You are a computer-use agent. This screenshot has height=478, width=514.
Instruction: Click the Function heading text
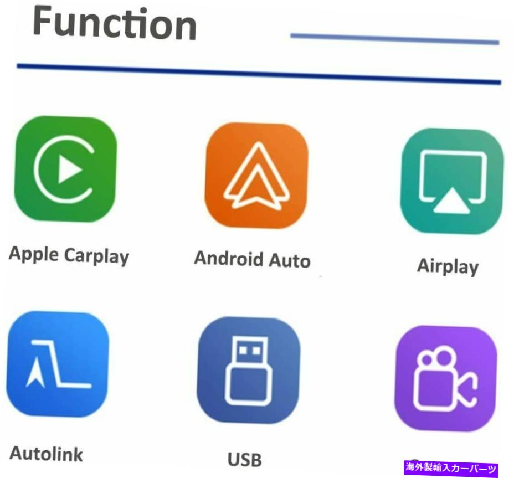tap(115, 23)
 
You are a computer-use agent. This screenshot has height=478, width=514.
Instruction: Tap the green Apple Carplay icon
tap(65, 169)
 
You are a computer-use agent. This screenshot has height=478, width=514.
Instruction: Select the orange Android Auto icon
tap(256, 176)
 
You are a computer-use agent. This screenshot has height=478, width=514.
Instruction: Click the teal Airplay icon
tap(452, 181)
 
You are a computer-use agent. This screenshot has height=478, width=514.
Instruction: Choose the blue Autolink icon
tap(58, 364)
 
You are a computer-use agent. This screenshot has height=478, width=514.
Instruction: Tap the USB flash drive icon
tap(249, 370)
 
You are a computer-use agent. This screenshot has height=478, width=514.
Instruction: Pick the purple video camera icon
tap(446, 378)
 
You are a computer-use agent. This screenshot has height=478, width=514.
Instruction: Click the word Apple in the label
tap(34, 254)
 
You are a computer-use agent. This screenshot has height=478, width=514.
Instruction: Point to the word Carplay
tap(97, 256)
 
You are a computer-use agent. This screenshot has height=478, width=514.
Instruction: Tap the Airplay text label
tap(448, 266)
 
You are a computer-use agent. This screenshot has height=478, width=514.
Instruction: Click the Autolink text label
tap(46, 454)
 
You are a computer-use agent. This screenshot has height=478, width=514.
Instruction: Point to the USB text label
tap(245, 460)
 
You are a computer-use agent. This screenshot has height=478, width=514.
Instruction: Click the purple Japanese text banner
tap(451, 467)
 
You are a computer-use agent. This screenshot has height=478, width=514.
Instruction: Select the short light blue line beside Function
tap(395, 39)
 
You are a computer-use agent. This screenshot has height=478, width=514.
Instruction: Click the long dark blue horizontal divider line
tap(259, 74)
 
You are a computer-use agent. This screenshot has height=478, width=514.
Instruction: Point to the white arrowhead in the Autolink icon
tap(35, 372)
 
